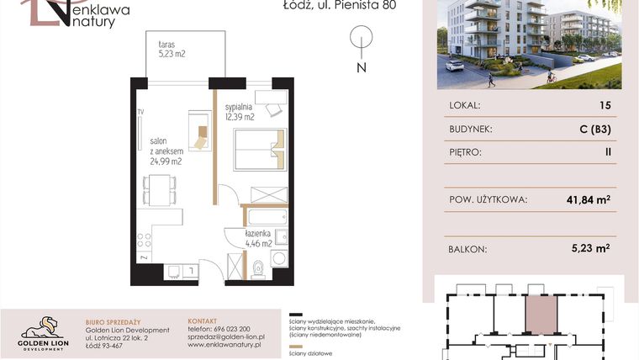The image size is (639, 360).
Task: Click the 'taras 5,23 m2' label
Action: pos(172,49)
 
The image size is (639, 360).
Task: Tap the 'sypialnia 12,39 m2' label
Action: pos(240,113)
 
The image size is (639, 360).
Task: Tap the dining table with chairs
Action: pos(159,188)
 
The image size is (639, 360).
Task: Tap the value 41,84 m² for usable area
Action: pos(588,199)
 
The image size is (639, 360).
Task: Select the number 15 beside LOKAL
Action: pos(605,106)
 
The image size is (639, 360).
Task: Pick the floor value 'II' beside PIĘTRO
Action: pos(606,154)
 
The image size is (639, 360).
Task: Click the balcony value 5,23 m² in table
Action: pos(590,248)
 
